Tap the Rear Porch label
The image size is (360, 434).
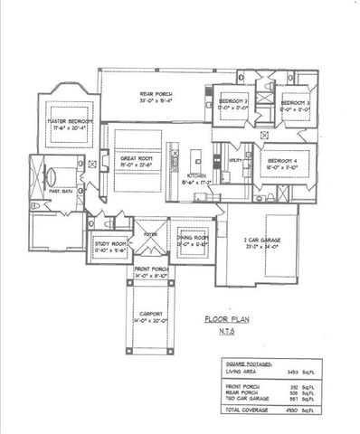tap(156, 95)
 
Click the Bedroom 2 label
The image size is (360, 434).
tap(236, 101)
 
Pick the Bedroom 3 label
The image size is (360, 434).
tap(295, 104)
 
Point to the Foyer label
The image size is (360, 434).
tap(150, 232)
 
